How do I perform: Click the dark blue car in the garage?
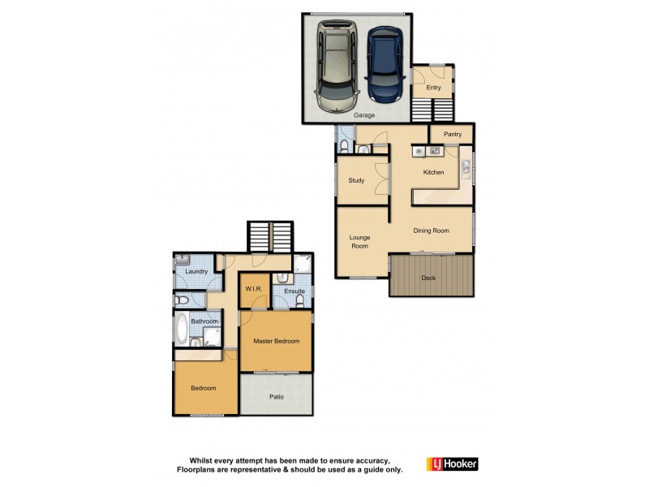pyautogui.click(x=384, y=65)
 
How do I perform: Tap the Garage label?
pyautogui.click(x=364, y=115)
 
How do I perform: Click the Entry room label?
pyautogui.click(x=433, y=88)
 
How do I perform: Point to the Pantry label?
pyautogui.click(x=452, y=134)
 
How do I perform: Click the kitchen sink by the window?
pyautogui.click(x=466, y=168)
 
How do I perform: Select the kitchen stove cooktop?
pyautogui.click(x=435, y=151)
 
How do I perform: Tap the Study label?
pyautogui.click(x=356, y=180)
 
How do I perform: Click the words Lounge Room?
pyautogui.click(x=359, y=241)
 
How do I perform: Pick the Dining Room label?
pyautogui.click(x=431, y=231)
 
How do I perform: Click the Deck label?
pyautogui.click(x=429, y=278)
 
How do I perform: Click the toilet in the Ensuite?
pyautogui.click(x=300, y=300)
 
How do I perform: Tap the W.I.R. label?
pyautogui.click(x=253, y=291)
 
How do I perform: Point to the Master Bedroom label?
pyautogui.click(x=276, y=341)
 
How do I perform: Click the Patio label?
pyautogui.click(x=276, y=398)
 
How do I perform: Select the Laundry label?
pyautogui.click(x=197, y=271)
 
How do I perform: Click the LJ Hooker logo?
pyautogui.click(x=452, y=464)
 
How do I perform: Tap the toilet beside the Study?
pyautogui.click(x=344, y=147)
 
